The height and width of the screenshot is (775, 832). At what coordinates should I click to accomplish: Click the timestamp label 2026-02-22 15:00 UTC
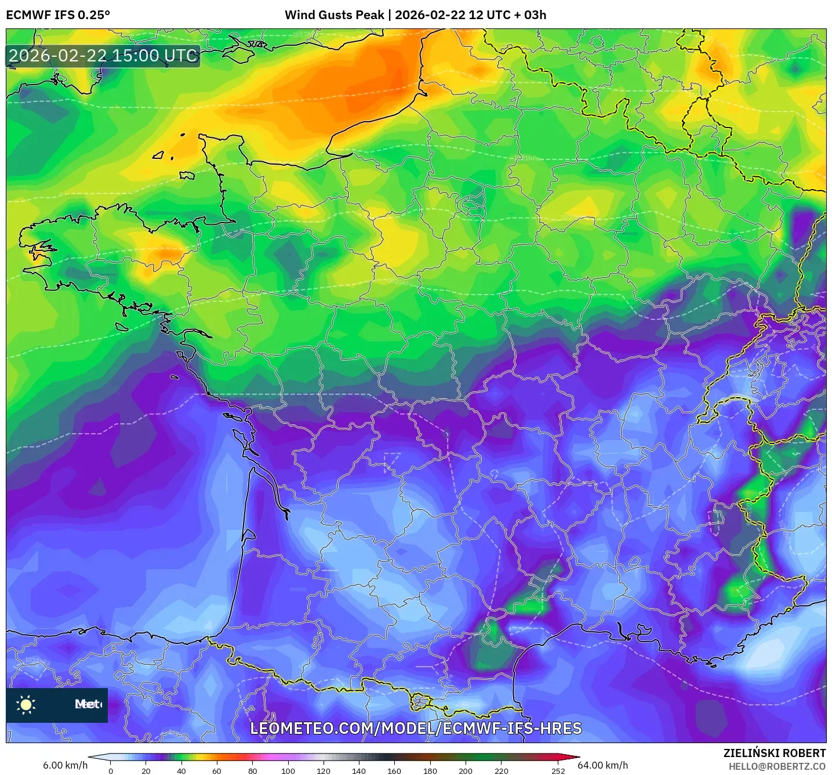[x=103, y=56]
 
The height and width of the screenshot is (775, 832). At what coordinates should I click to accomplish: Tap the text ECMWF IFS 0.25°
[x=58, y=15]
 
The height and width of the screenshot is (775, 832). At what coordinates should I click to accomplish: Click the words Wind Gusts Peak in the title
[x=334, y=15]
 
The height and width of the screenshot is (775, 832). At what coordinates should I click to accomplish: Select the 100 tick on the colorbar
[x=288, y=770]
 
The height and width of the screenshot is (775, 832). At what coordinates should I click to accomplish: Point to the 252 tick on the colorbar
[x=558, y=770]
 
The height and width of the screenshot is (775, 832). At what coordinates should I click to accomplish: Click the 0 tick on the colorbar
[x=111, y=770]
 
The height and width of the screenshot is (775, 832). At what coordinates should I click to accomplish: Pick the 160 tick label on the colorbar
[x=394, y=770]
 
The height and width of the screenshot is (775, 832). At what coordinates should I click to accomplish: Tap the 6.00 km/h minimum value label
[x=65, y=765]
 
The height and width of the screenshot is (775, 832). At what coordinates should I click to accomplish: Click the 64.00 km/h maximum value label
[x=603, y=765]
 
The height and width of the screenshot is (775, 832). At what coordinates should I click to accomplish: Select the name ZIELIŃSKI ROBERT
[x=775, y=753]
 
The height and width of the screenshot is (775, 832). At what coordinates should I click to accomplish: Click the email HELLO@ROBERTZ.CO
[x=777, y=766]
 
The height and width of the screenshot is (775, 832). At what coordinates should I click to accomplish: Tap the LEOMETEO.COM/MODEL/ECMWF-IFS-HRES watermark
[x=416, y=729]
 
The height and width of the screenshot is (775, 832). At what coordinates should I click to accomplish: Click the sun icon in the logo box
[x=26, y=704]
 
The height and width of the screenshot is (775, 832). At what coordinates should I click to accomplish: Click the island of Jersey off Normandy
[x=187, y=175]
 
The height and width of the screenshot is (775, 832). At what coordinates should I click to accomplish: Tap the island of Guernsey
[x=158, y=155]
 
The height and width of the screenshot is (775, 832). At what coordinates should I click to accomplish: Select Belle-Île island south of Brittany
[x=122, y=327]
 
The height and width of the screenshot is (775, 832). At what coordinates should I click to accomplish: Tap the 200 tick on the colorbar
[x=465, y=770]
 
